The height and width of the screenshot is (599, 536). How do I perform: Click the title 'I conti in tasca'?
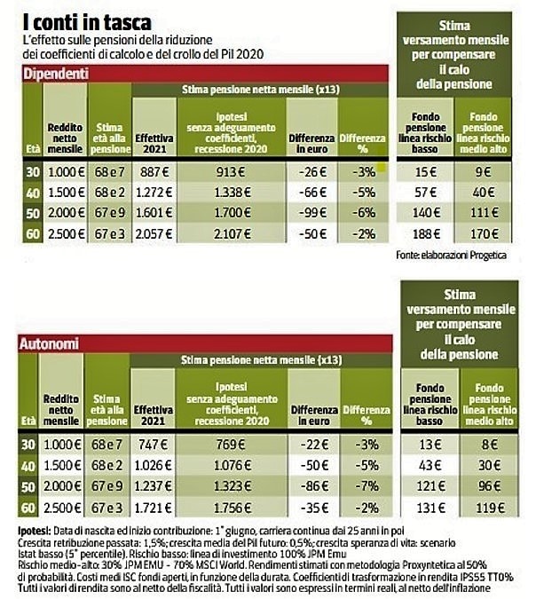87,22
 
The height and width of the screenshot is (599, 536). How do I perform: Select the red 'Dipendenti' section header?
206,74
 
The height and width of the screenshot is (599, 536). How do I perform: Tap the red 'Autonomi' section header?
205,343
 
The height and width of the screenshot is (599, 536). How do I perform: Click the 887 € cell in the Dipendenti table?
154,172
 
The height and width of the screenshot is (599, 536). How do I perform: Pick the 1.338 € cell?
232,193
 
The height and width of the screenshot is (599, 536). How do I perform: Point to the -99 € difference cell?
312,213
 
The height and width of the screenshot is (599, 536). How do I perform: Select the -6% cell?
364,213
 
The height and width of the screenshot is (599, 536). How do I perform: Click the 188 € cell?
426,233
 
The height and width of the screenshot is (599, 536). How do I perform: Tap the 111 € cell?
484,212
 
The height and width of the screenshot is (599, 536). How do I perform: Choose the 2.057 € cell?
154,233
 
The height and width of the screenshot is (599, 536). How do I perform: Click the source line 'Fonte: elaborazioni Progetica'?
451,256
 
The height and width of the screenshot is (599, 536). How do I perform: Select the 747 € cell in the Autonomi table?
153,445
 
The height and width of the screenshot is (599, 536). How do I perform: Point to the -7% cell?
367,486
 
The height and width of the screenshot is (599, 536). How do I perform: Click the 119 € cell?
490,508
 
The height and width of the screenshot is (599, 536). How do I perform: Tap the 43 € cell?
430,465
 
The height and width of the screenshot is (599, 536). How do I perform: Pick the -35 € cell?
314,508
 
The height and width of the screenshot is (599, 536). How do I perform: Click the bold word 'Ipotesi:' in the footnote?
34,531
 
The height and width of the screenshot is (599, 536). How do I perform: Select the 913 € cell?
231,172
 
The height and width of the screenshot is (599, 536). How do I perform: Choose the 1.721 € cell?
153,508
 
